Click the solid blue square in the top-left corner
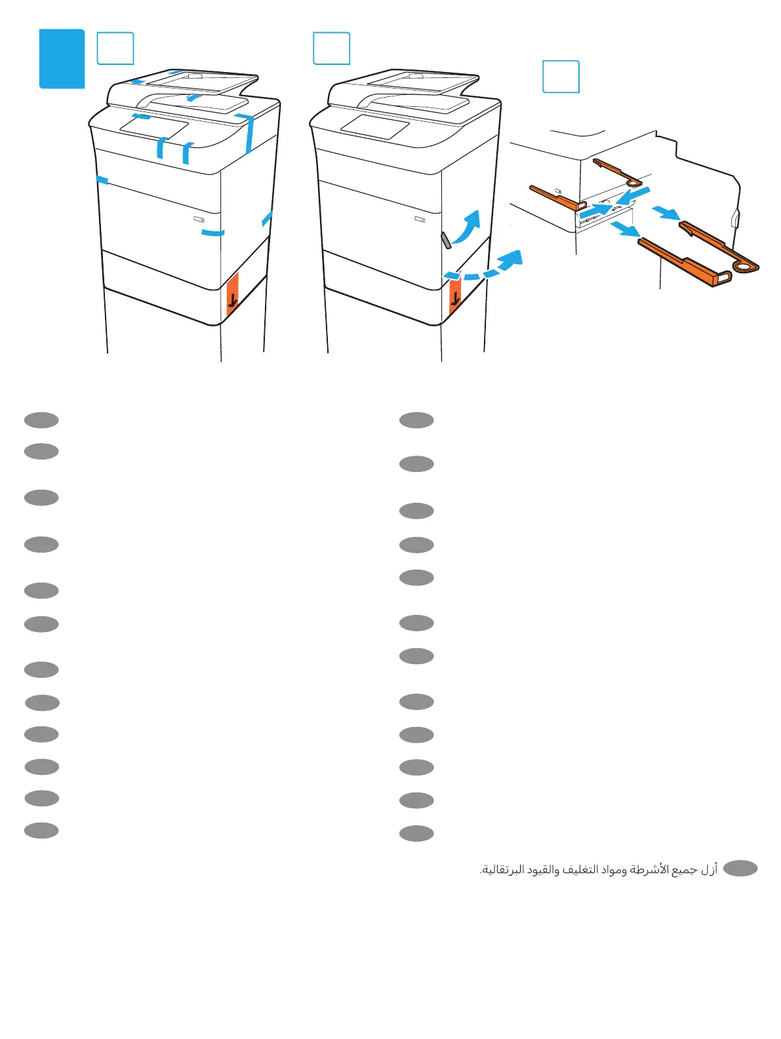[x=62, y=58]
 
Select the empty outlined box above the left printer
[x=115, y=49]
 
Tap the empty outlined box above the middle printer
[x=331, y=49]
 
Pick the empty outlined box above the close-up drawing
[x=561, y=77]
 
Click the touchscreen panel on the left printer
[x=154, y=127]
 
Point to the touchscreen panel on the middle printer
[x=375, y=127]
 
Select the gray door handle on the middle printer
[x=446, y=240]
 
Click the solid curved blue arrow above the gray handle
[x=467, y=227]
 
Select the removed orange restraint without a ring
[x=682, y=262]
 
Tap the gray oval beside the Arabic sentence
[x=740, y=869]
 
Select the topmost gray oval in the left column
[x=41, y=420]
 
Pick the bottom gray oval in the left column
[x=41, y=831]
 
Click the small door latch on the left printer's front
[x=199, y=219]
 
